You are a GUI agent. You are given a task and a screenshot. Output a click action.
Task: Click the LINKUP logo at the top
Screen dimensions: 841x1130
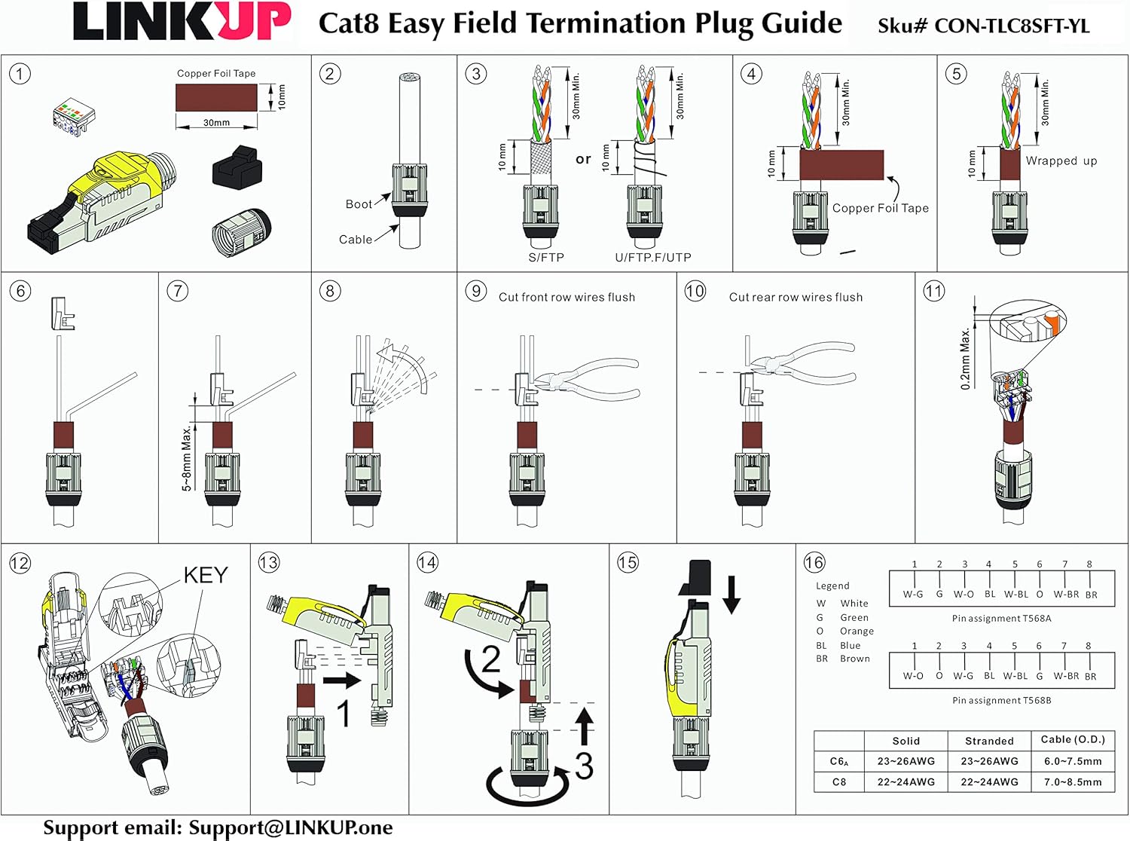point(182,22)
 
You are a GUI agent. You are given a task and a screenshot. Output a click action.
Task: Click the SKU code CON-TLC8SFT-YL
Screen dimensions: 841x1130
point(1012,26)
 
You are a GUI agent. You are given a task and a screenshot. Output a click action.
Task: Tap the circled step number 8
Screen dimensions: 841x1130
point(330,291)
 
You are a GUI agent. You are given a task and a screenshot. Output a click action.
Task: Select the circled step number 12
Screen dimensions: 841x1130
point(20,563)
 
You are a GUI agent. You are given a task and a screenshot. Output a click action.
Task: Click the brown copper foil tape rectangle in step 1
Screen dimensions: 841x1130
point(216,97)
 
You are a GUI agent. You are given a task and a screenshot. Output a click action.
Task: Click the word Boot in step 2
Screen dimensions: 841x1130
point(359,204)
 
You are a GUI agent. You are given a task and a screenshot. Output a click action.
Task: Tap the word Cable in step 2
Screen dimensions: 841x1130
point(355,240)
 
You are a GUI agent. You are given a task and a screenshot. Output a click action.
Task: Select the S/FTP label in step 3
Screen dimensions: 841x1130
point(546,258)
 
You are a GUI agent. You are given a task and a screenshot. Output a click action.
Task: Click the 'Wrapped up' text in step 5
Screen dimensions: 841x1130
point(1061,161)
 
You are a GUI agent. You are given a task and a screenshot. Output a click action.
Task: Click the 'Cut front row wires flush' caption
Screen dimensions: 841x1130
point(567,297)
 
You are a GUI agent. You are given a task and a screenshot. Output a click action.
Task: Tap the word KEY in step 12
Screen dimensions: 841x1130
point(205,575)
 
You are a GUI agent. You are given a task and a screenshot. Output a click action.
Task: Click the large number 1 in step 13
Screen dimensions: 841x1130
point(343,712)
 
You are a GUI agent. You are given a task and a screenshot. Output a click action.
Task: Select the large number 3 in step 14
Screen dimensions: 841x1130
point(584,765)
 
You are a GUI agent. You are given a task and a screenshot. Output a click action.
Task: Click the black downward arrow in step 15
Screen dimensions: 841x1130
point(731,594)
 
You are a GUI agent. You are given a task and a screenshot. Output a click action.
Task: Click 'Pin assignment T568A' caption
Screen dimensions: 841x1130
point(1001,619)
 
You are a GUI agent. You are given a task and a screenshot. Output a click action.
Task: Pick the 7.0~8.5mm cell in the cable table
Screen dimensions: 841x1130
point(1073,782)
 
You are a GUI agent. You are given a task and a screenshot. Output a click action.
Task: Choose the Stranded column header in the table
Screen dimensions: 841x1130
point(988,741)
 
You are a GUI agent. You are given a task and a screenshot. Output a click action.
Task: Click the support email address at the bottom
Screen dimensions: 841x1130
point(290,827)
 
